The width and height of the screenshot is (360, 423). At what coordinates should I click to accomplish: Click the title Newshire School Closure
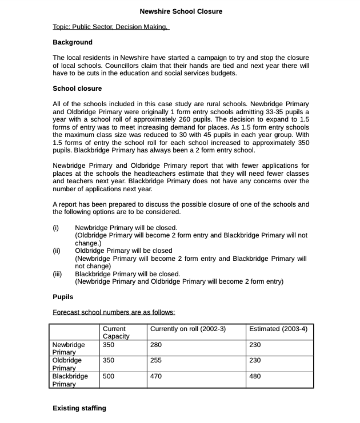pyautogui.click(x=181, y=11)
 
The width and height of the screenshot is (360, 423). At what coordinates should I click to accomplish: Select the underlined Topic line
pyautogui.click(x=110, y=27)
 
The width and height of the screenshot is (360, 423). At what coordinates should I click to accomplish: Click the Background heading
pyautogui.click(x=72, y=42)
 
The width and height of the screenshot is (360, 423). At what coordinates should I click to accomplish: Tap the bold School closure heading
pyautogui.click(x=77, y=88)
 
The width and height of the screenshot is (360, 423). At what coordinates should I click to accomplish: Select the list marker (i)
pyautogui.click(x=56, y=228)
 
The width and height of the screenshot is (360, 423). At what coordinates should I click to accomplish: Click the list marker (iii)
pyautogui.click(x=57, y=274)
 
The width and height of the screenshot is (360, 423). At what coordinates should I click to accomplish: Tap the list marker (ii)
pyautogui.click(x=57, y=251)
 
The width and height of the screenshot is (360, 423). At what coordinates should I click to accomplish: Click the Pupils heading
pyautogui.click(x=63, y=297)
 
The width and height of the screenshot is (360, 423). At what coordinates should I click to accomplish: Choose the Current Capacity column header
pyautogui.click(x=116, y=332)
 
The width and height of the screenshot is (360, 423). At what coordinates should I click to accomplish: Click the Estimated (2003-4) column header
pyautogui.click(x=278, y=329)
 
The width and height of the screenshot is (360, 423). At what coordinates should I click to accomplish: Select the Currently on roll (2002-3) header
pyautogui.click(x=188, y=329)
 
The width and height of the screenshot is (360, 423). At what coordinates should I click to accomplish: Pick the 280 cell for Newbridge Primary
pyautogui.click(x=156, y=345)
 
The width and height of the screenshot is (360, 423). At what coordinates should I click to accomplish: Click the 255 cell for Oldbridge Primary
pyautogui.click(x=156, y=360)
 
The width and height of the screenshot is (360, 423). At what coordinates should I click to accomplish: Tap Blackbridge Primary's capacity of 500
pyautogui.click(x=109, y=376)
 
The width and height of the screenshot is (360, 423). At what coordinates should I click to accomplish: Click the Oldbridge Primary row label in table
pyautogui.click(x=67, y=364)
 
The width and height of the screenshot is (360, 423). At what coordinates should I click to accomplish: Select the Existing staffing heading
pyautogui.click(x=79, y=408)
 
